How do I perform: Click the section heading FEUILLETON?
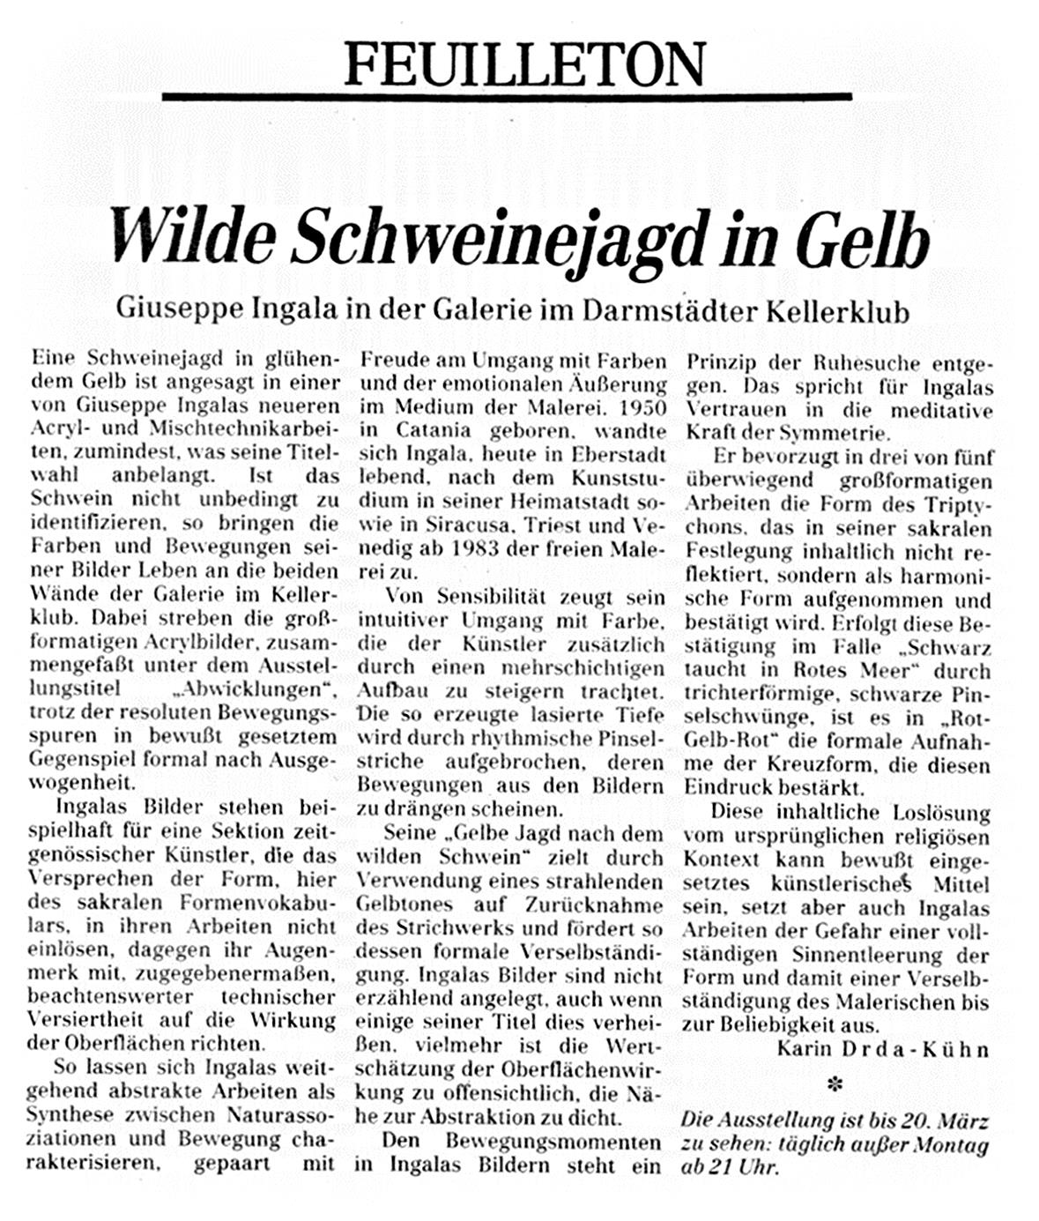[x=525, y=63]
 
